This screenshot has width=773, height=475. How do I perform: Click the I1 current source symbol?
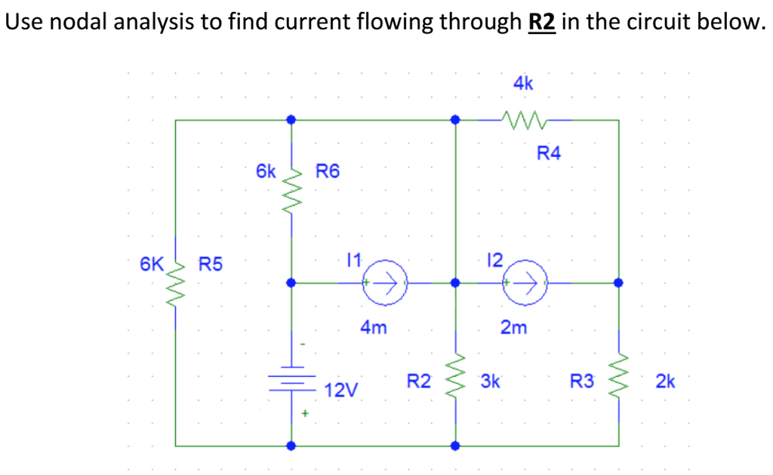tap(385, 283)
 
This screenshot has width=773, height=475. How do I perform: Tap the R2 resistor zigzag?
tap(455, 375)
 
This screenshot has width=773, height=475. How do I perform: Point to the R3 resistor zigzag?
tap(619, 375)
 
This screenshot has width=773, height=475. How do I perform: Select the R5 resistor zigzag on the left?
tap(176, 285)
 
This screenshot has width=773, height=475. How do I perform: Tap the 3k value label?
tap(490, 382)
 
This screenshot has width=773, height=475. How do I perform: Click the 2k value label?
tap(665, 382)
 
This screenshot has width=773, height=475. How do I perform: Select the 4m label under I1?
tap(374, 328)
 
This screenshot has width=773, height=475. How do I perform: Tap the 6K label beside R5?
tap(151, 264)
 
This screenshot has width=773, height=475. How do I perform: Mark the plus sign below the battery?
tap(306, 413)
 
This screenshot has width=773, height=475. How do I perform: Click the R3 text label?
tap(582, 382)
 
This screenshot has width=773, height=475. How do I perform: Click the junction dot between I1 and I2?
tap(455, 283)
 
